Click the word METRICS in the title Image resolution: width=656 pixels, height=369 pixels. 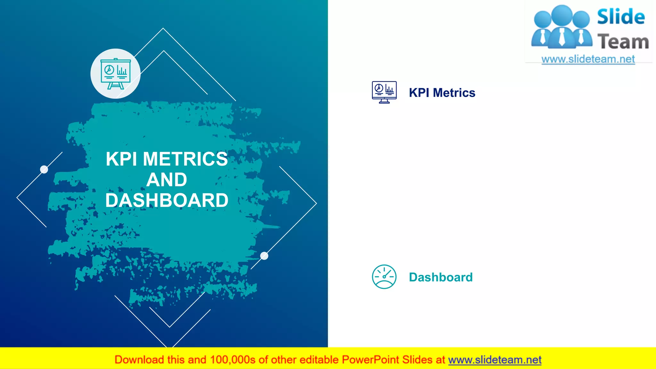click(x=185, y=159)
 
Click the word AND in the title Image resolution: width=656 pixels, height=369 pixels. click(x=167, y=180)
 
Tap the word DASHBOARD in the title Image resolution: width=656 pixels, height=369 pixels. click(x=167, y=201)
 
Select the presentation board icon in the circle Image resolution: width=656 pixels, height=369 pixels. click(x=115, y=74)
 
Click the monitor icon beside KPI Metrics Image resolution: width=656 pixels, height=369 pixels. click(x=384, y=92)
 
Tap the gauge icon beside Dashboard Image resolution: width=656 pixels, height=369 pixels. click(x=384, y=277)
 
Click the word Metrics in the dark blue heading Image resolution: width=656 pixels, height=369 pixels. click(x=454, y=93)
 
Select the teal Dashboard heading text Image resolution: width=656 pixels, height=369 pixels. click(x=440, y=277)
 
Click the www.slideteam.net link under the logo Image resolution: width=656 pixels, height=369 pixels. click(x=588, y=59)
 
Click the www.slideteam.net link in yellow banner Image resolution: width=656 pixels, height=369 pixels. click(x=495, y=360)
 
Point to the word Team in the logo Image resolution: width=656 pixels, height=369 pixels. click(x=623, y=42)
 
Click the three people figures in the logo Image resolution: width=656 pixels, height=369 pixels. click(x=562, y=27)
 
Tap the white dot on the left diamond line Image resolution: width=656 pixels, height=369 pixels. click(x=44, y=169)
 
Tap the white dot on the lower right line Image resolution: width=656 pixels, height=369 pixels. click(x=264, y=256)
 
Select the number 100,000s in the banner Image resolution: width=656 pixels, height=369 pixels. click(x=233, y=360)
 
